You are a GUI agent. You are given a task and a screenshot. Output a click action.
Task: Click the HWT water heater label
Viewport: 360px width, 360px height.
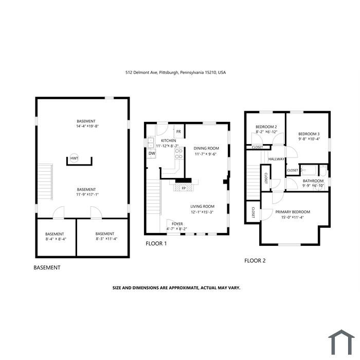[74, 158]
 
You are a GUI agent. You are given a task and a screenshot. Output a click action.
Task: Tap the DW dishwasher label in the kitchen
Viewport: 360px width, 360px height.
[152, 153]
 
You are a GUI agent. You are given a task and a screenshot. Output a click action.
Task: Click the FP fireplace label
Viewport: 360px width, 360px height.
[184, 188]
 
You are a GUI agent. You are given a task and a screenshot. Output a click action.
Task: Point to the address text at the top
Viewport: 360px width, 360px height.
[175, 73]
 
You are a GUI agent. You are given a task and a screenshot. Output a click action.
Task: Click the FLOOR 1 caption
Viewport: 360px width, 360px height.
[156, 243]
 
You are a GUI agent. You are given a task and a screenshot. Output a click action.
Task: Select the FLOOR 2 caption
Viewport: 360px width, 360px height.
[255, 261]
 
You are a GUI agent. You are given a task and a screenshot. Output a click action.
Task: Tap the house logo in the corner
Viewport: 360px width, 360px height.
[341, 342]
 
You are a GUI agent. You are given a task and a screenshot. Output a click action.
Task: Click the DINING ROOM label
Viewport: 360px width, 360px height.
[206, 148]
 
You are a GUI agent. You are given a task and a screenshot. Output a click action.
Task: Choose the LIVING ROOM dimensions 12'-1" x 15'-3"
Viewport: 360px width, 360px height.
[202, 212]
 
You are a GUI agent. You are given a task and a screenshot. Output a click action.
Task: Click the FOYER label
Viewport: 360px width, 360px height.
[177, 223]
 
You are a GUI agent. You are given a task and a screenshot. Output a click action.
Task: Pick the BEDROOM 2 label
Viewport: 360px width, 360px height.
[266, 127]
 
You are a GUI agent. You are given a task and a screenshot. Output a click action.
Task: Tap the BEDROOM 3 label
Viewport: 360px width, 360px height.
[309, 134]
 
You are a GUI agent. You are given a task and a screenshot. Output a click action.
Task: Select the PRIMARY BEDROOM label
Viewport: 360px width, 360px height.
[293, 212]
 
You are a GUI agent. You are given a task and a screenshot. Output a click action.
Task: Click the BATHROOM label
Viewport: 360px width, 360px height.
[313, 181]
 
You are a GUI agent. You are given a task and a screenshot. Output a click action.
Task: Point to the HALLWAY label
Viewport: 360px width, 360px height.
[276, 159]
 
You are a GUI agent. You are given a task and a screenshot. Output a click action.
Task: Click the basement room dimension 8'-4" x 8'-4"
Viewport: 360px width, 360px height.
[56, 239]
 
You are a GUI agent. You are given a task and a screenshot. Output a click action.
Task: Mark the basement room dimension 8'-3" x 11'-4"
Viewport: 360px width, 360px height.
[105, 239]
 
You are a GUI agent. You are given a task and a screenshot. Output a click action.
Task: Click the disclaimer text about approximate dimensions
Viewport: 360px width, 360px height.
[176, 288]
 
